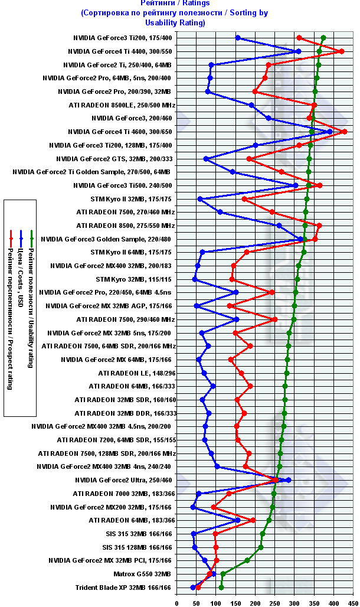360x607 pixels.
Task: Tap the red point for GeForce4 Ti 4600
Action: (344, 132)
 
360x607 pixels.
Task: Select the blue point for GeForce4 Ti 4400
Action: (299, 51)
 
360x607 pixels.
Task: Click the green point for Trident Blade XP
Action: (221, 587)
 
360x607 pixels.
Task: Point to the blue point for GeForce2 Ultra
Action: (288, 480)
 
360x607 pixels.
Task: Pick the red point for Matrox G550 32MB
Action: (210, 573)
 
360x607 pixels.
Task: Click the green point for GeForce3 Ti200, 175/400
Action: (323, 38)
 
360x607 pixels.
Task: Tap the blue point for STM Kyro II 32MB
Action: (200, 199)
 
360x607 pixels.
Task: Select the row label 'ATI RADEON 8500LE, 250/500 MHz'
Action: (126, 105)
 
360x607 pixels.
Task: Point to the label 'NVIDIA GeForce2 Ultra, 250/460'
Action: (124, 480)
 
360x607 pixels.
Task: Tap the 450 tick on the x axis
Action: (353, 602)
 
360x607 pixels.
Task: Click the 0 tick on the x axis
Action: (177, 602)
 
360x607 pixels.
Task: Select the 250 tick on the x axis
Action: (274, 602)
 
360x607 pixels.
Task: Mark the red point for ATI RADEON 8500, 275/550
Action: (319, 226)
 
